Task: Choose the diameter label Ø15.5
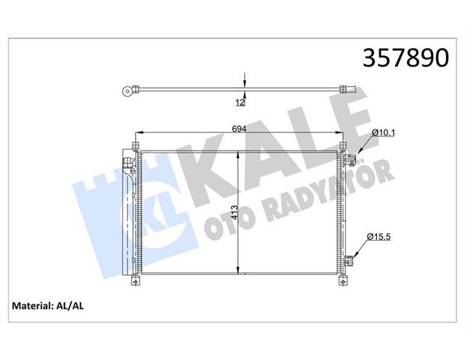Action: [381, 237]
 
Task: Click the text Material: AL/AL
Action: [48, 308]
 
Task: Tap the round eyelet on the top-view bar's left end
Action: [129, 92]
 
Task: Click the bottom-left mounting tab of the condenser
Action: [136, 281]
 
